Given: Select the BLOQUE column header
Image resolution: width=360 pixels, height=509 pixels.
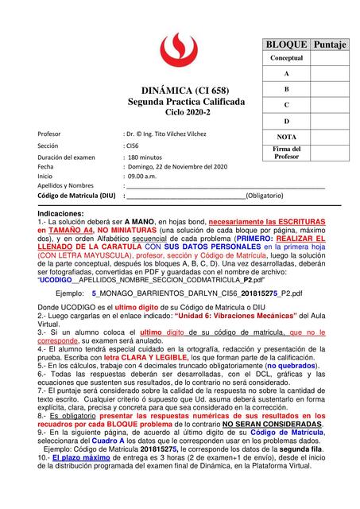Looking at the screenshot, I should click(x=286, y=45).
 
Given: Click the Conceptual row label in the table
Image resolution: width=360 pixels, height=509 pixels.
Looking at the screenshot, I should click(x=286, y=59).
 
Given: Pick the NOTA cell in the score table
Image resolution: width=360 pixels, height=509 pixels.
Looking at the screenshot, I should click(x=286, y=137).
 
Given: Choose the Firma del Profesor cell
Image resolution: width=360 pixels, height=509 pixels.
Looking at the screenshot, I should click(x=286, y=153).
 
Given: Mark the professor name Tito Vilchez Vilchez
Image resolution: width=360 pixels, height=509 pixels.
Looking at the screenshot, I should click(x=172, y=134).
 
